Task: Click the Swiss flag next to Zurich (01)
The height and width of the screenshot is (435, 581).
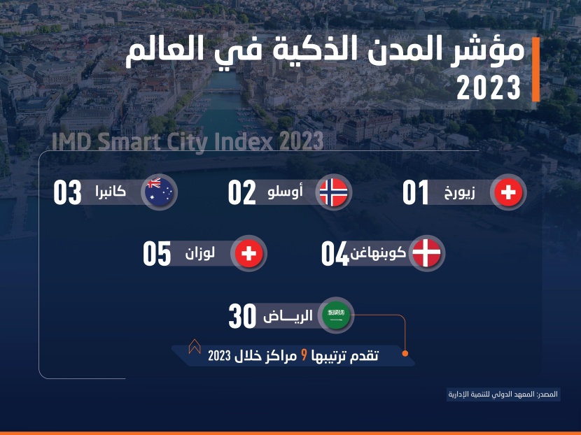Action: (508, 192)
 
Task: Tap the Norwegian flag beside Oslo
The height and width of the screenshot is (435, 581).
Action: (333, 192)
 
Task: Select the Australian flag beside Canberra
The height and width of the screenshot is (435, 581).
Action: (159, 192)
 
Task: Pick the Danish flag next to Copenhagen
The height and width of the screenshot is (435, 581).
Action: (426, 253)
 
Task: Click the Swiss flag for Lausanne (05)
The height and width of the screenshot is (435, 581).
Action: (248, 253)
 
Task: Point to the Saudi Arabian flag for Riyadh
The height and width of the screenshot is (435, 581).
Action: (336, 315)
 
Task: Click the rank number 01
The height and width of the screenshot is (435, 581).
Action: (415, 192)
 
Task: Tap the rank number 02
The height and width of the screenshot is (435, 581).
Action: (242, 192)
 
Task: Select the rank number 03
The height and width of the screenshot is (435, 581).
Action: (67, 192)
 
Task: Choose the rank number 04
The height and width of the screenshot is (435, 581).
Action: (335, 254)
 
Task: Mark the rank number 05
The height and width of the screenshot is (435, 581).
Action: (157, 254)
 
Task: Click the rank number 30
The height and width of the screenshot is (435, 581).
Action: (242, 316)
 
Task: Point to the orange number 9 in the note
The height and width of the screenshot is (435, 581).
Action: (304, 356)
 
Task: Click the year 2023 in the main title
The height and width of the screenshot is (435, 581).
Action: (489, 87)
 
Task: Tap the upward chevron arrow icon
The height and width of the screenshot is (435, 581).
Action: (195, 346)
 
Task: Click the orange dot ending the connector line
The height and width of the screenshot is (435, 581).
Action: (405, 354)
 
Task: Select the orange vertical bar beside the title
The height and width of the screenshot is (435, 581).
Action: (535, 69)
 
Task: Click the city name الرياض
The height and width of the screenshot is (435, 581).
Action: (288, 316)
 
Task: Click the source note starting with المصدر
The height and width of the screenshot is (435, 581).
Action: (503, 394)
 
